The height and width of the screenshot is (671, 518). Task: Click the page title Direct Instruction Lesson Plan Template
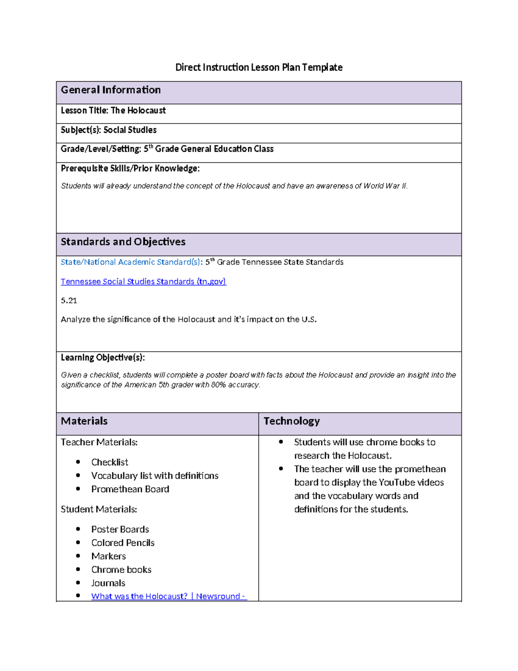[x=259, y=67]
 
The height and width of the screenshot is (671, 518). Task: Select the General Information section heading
[x=111, y=90]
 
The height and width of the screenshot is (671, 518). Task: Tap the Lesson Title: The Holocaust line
[x=113, y=111]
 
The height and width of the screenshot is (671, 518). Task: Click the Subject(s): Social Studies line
[x=108, y=130]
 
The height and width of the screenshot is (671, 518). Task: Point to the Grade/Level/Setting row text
[x=167, y=149]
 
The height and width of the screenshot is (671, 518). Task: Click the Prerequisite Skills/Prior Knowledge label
[x=130, y=169]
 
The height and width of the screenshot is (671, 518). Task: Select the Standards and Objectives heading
[x=123, y=242]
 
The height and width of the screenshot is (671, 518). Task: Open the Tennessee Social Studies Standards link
[x=143, y=282]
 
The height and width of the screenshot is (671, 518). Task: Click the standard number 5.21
[x=69, y=301]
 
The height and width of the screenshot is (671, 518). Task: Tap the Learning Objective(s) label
[x=103, y=358]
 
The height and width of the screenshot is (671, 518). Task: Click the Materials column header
[x=84, y=421]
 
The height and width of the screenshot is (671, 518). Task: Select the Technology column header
[x=291, y=421]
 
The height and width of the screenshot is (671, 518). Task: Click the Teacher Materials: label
[x=99, y=442]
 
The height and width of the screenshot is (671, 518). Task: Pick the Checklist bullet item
[x=110, y=462]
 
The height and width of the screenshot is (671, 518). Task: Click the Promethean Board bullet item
[x=130, y=489]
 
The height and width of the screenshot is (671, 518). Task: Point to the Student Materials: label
[x=99, y=509]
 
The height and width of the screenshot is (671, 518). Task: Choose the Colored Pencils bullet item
[x=123, y=543]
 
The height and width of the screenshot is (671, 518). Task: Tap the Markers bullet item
[x=108, y=556]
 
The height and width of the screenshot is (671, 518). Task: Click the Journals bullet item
[x=108, y=583]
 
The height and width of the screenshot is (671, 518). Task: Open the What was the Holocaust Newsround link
[x=168, y=596]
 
